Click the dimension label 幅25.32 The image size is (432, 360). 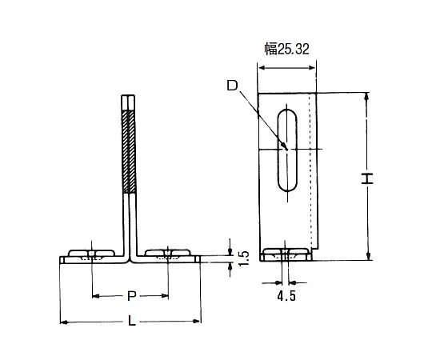pyautogui.click(x=287, y=49)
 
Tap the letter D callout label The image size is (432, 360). pyautogui.click(x=232, y=86)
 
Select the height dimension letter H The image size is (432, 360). pyautogui.click(x=367, y=178)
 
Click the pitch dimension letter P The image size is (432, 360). pyautogui.click(x=132, y=296)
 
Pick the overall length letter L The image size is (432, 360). pyautogui.click(x=132, y=321)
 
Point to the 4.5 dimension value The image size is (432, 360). pyautogui.click(x=286, y=296)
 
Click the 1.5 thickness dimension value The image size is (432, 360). pyautogui.click(x=243, y=258)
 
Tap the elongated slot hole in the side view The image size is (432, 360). pyautogui.click(x=287, y=150)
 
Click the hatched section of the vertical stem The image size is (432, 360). pyautogui.click(x=129, y=151)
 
